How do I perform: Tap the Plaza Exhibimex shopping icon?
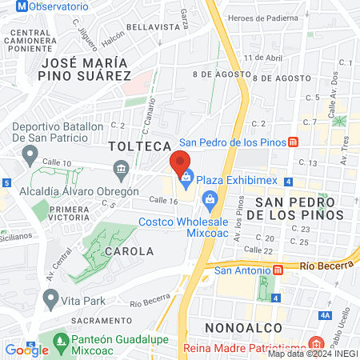tap(186, 177)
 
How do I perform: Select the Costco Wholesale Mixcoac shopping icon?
tap(210, 198)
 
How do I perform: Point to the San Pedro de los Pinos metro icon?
tap(294, 142)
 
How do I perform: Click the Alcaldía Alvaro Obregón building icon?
tap(122, 168)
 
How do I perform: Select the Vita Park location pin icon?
tap(51, 300)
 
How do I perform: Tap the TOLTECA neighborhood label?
tap(140, 146)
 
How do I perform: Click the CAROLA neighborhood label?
tap(129, 250)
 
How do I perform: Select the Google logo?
tap(26, 350)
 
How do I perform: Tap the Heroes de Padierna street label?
tap(263, 18)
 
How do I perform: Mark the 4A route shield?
tap(325, 314)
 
